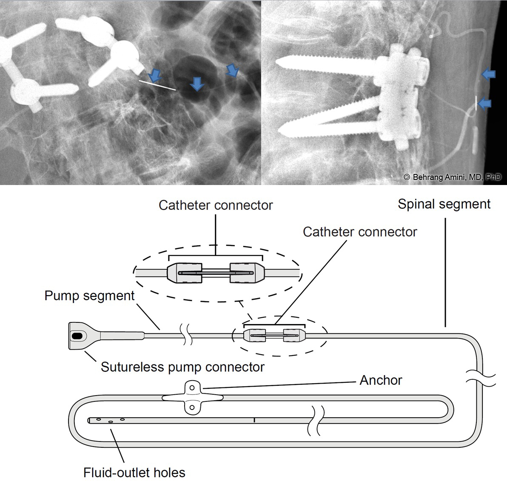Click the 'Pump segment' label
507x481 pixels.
click(89, 296)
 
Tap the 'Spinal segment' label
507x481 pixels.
click(444, 204)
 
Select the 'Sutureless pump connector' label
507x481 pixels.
click(182, 367)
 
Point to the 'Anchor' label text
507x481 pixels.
click(381, 380)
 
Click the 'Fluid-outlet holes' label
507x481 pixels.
click(134, 472)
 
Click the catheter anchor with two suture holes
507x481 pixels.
click(192, 398)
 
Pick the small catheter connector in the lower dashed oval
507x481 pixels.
click(274, 335)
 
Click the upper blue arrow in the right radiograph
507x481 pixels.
click(489, 74)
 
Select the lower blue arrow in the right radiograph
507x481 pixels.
click(485, 103)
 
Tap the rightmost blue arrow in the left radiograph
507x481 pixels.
click(232, 70)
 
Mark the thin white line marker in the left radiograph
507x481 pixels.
click(157, 85)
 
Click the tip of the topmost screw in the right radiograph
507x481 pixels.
click(278, 63)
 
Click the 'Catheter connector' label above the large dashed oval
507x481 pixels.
click(216, 205)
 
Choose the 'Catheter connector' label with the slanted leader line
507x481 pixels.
click(360, 232)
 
